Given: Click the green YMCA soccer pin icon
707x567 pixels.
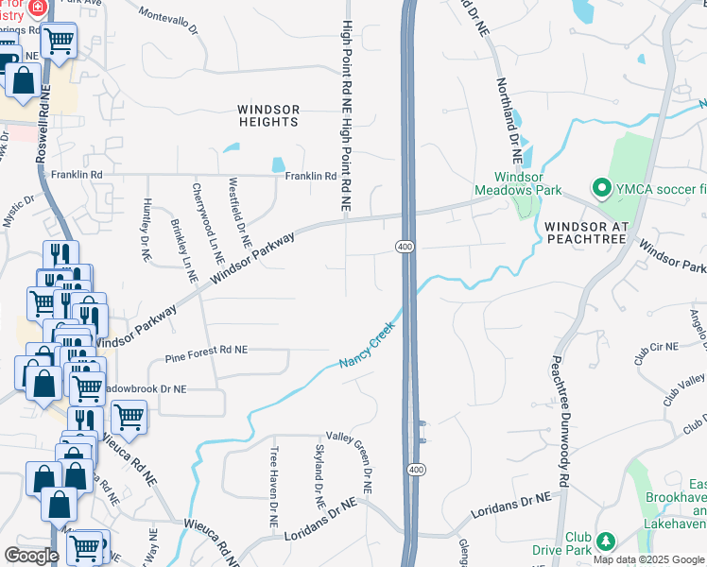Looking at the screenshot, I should coord(598,188).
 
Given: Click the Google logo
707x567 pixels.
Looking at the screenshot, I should coord(31,556).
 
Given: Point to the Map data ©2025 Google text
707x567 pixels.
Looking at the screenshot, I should coord(648,559).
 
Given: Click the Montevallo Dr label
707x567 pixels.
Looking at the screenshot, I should coord(168,22).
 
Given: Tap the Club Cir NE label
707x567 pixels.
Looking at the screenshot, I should coord(656,347).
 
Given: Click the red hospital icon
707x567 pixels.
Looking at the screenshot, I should coord(38,8).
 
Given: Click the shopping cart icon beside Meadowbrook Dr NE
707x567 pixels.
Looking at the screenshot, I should coord(129,416).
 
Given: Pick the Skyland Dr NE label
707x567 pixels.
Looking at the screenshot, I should coord(319,475).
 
